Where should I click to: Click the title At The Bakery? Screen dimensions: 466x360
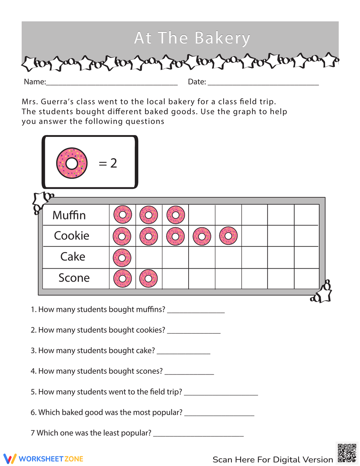coord(192,38)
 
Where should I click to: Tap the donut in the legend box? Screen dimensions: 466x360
coord(72,163)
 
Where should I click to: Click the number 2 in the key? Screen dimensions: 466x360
coord(114,163)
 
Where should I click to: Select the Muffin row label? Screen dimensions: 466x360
coord(69,215)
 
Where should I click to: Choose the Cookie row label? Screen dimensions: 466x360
coord(72,236)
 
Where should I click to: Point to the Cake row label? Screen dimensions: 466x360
coord(73,257)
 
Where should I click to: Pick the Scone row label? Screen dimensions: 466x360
coord(74,278)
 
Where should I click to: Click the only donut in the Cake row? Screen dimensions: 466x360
coord(122,258)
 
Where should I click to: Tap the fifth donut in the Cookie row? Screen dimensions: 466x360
coord(228,236)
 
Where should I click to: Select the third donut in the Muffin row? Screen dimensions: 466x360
coord(176,215)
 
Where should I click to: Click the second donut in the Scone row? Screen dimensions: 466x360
coord(148,278)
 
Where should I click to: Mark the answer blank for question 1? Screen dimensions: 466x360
coord(196,310)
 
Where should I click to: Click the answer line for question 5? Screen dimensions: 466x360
coord(221,393)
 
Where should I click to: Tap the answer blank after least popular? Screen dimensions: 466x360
coord(198,434)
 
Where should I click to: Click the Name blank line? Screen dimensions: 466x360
coord(112,83)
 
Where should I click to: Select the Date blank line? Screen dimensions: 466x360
coord(263,83)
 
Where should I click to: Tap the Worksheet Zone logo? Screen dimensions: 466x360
coord(44,459)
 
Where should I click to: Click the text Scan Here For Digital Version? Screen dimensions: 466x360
coord(273,460)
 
